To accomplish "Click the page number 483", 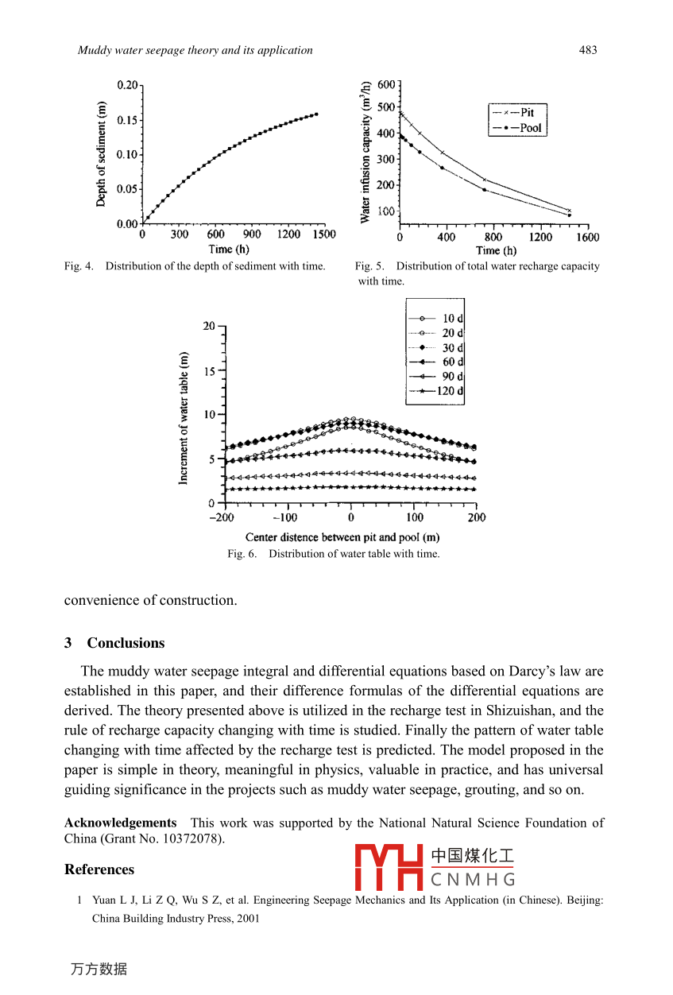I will [588, 50].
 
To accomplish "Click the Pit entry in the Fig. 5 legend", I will [527, 113].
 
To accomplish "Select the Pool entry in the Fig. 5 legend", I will [530, 128].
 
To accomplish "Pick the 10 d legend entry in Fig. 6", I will [453, 318].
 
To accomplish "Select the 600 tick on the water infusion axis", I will [385, 84].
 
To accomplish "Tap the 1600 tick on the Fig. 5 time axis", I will [588, 237].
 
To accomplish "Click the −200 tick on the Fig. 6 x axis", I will [222, 517].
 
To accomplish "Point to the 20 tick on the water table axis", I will [209, 326].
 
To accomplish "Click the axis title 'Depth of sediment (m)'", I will [102, 154].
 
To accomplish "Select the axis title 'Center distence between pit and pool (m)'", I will [342, 537].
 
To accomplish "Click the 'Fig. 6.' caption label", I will [242, 554].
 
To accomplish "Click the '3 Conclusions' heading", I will [114, 643].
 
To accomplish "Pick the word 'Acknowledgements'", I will [120, 823].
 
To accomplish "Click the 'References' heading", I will [99, 869].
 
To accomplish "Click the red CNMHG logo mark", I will [389, 868].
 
